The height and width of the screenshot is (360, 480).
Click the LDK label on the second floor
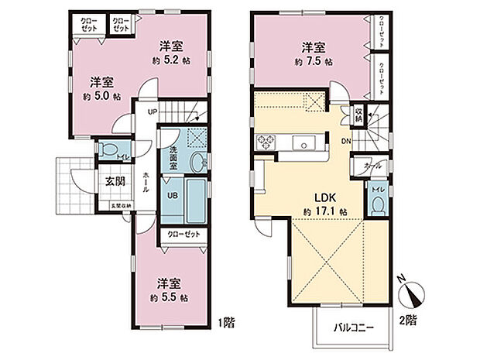point(324,197)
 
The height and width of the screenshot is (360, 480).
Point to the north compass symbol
point(411,297)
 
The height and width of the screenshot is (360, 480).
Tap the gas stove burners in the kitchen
point(267,142)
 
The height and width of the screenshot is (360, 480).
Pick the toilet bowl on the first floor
point(108,150)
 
